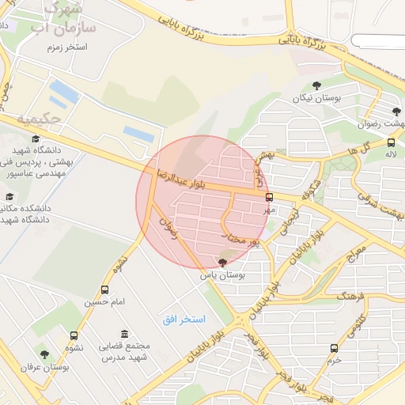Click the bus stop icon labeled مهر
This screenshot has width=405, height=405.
269,197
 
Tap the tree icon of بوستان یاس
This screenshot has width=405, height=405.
222,262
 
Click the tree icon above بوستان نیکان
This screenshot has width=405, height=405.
316,85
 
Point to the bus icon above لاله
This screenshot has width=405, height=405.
391,142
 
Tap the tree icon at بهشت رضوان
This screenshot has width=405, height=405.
396,112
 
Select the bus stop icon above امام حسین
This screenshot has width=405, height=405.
105,290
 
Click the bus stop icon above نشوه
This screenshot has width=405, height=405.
74,335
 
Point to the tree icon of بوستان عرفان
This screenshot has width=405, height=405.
44,355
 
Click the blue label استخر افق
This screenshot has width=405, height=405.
184,319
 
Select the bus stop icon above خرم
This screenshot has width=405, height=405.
334,347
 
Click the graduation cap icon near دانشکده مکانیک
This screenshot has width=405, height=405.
9,196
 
